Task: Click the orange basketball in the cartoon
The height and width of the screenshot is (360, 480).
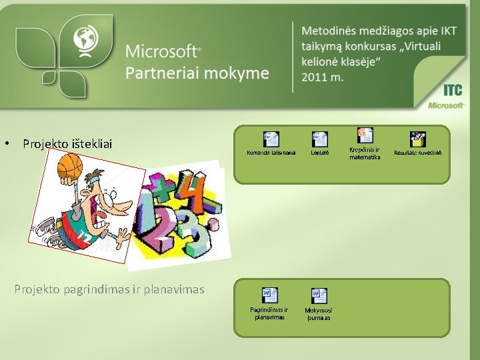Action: pyautogui.click(x=69, y=166)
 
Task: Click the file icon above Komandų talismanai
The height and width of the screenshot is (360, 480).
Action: pyautogui.click(x=271, y=139)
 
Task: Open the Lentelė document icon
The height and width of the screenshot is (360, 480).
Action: pyautogui.click(x=320, y=139)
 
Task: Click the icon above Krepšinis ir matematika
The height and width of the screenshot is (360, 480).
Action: pyautogui.click(x=365, y=135)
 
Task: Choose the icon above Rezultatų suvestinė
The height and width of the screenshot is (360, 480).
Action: pyautogui.click(x=417, y=139)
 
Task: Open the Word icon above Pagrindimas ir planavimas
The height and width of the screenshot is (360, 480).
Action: pyautogui.click(x=269, y=295)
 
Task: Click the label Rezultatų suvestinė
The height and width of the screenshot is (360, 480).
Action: pyautogui.click(x=417, y=153)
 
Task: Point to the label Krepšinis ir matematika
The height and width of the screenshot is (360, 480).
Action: pyautogui.click(x=365, y=153)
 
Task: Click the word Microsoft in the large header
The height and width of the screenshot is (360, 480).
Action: pyautogui.click(x=162, y=51)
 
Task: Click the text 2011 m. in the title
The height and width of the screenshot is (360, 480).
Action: pyautogui.click(x=323, y=77)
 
